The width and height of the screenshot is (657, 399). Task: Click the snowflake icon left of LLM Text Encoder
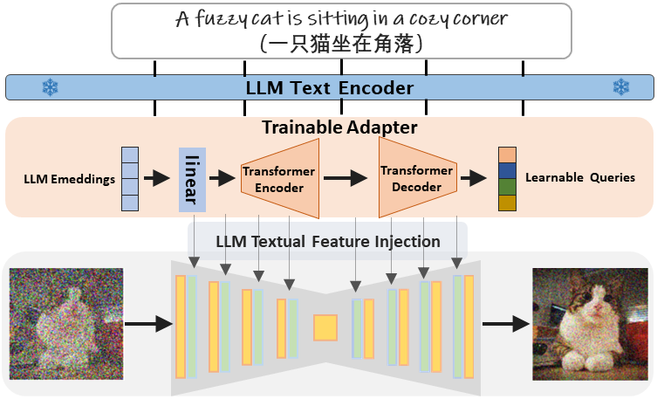(49, 87)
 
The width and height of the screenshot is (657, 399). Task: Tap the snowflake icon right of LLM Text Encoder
(621, 87)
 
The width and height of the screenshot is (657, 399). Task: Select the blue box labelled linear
(192, 179)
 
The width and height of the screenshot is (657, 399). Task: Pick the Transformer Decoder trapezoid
(417, 179)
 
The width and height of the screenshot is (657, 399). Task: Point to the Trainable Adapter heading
(339, 127)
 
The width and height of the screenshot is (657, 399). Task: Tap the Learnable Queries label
(580, 178)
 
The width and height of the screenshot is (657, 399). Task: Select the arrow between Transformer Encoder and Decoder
(346, 179)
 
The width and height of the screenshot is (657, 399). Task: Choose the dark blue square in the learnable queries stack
(508, 170)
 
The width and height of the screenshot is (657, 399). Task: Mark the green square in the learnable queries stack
(508, 187)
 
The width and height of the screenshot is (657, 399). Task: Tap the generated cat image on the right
(591, 324)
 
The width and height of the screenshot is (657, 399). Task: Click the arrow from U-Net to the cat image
(505, 325)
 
